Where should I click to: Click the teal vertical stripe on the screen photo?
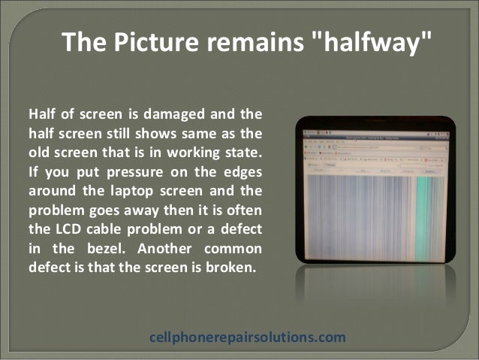pyautogui.click(x=431, y=218)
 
